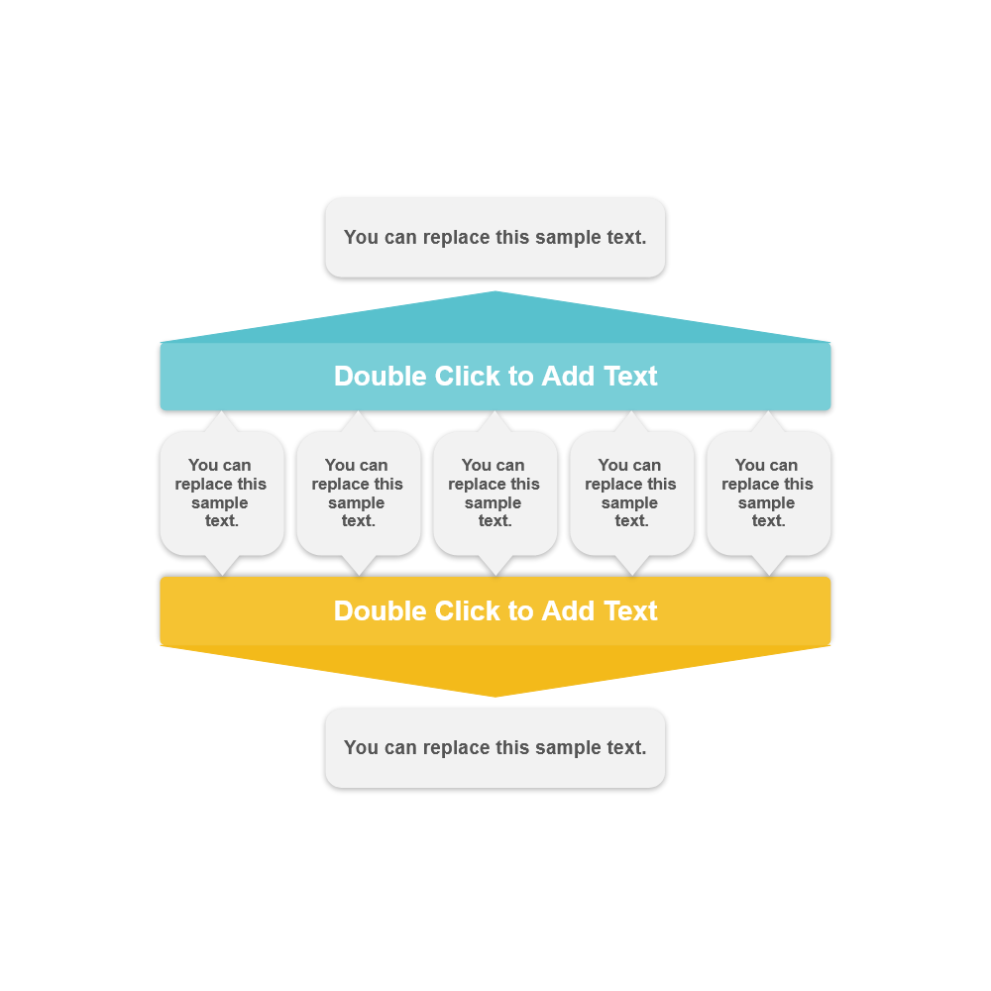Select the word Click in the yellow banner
click(465, 610)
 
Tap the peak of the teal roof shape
click(495, 295)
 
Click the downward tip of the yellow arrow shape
click(495, 693)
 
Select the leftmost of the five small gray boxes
click(222, 493)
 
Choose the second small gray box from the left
click(359, 493)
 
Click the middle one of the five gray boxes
click(495, 493)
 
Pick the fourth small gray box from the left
click(631, 493)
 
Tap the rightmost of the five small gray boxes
click(768, 493)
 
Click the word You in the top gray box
click(361, 238)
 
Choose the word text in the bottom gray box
click(624, 748)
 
